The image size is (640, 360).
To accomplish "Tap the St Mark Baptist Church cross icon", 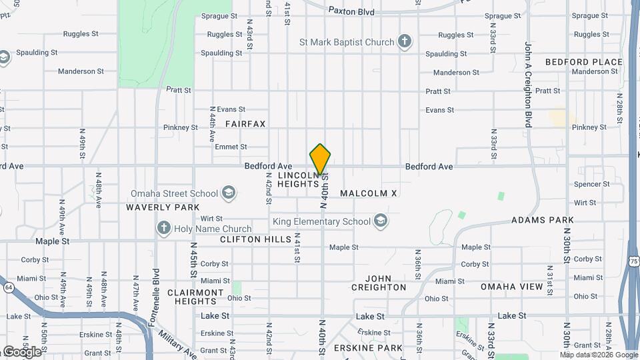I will [x=404, y=42].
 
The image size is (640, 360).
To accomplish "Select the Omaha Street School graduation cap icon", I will [x=229, y=194].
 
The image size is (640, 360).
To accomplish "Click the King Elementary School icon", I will [x=381, y=221].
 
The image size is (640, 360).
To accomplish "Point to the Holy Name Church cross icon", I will [x=163, y=229].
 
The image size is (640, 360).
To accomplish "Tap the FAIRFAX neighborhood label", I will [x=245, y=124].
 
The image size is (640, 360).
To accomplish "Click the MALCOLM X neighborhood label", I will [x=368, y=193].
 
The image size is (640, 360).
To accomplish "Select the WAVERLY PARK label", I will [x=163, y=207].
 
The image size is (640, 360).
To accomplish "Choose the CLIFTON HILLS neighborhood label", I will [x=255, y=239].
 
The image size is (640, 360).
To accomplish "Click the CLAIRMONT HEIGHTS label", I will [x=195, y=297].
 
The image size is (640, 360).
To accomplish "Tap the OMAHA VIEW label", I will [x=512, y=287].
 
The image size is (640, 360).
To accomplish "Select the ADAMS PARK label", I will [x=542, y=220].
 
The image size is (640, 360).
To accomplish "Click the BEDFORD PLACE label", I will [x=583, y=62].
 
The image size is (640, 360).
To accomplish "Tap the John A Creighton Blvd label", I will [x=527, y=85].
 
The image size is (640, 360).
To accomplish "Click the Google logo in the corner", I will [x=21, y=351].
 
